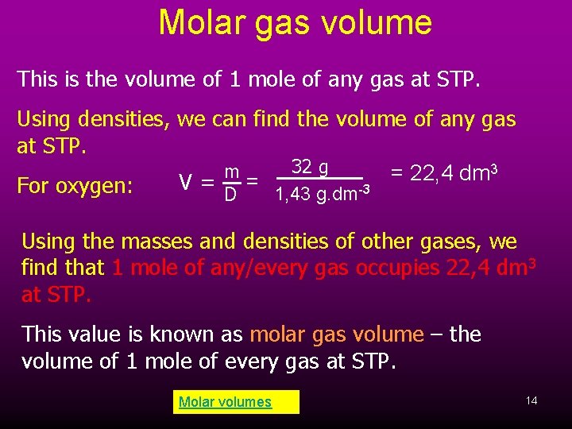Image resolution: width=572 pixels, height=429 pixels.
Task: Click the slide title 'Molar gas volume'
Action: (295, 23)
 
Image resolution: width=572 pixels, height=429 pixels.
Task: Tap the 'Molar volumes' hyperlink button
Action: (226, 402)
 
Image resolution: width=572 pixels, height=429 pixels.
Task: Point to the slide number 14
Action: (531, 400)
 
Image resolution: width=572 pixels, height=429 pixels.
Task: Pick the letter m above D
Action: (232, 172)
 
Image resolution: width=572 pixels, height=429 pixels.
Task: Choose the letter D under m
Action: (230, 194)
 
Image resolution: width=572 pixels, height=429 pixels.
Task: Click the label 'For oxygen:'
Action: (75, 186)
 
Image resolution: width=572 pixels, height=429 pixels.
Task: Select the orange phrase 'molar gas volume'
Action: (337, 334)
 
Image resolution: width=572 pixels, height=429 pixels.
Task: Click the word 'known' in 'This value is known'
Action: (208, 334)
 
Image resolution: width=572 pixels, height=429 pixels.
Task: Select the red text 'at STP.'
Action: (56, 296)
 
